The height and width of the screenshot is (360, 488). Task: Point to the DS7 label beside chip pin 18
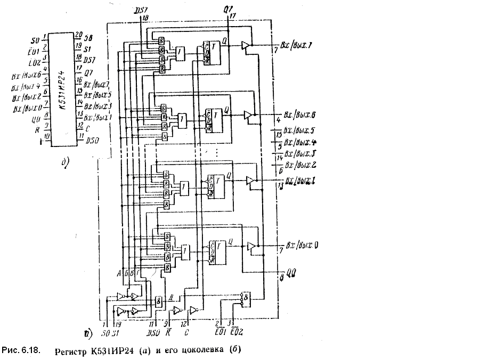pos(90,59)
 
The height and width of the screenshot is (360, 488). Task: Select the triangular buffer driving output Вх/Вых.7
pos(246,46)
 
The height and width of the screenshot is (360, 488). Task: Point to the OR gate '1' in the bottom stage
pos(185,251)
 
